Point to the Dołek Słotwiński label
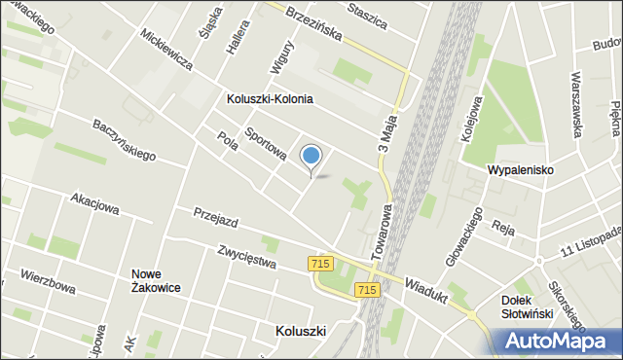527,306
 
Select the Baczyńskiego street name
125,139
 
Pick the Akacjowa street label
94,204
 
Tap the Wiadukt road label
425,289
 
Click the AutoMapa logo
560,341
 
